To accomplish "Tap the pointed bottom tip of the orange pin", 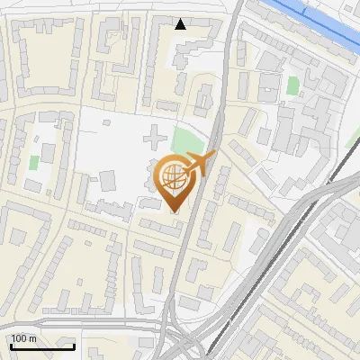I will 174,211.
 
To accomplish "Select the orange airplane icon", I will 201,164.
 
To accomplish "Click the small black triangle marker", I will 181,24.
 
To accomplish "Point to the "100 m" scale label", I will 24,337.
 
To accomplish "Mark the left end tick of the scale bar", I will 11,345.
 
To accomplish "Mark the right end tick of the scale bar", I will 74,345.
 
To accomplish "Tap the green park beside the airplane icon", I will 186,141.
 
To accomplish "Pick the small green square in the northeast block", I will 292,86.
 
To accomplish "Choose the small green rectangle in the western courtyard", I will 33,163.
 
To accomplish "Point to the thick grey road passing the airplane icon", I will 216,135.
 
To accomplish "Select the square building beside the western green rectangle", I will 40,143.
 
